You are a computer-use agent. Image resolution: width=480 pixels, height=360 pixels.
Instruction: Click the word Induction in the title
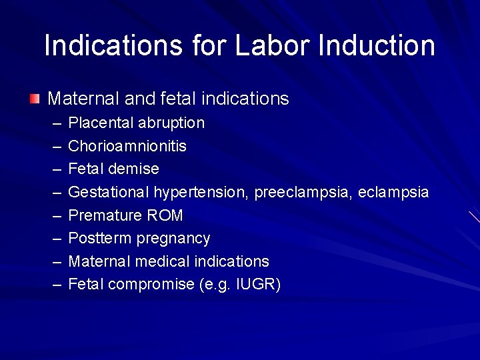pos(377,45)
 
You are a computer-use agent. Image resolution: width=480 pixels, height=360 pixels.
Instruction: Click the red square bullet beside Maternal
pos(35,99)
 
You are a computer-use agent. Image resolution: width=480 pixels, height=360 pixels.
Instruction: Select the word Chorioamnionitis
pos(127,146)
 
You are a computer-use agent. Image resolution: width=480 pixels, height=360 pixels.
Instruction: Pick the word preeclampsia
pos(303,193)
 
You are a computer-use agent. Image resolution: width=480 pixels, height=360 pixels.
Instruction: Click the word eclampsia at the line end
pos(393,193)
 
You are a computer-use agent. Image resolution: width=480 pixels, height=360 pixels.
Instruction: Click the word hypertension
pos(201,193)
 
